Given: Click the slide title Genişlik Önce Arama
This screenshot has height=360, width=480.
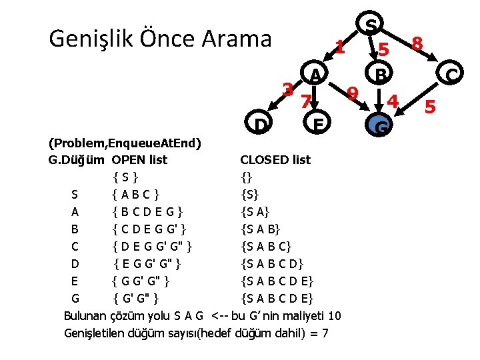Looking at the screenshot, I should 161,39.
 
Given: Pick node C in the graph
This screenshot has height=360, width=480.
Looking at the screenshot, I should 451,74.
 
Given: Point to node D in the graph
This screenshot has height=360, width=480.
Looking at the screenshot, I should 261,124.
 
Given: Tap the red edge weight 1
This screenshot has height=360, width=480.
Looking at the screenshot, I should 339,47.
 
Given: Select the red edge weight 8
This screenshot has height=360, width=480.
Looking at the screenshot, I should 417,44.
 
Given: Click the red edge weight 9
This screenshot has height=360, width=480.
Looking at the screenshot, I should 353,92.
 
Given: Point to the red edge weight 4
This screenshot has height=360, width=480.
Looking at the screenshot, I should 393,101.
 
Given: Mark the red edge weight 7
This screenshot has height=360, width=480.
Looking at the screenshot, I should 305,102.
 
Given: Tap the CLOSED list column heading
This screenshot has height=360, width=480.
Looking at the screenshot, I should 275,160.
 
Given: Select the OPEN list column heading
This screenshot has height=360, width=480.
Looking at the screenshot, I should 139,160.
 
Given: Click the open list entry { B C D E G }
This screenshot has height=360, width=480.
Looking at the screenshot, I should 147,212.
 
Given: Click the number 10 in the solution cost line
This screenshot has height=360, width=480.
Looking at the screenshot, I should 335,315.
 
